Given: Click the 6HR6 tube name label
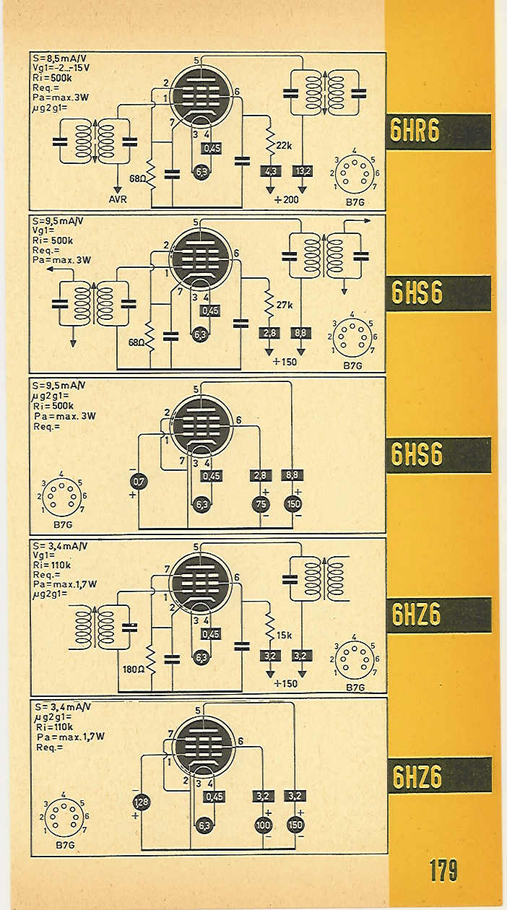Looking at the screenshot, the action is pyautogui.click(x=415, y=131).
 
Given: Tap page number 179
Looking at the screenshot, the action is pyautogui.click(x=443, y=870).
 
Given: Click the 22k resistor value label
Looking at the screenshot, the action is pyautogui.click(x=284, y=145).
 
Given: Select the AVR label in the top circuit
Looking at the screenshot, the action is pyautogui.click(x=118, y=199).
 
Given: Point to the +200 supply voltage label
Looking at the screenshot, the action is pyautogui.click(x=287, y=199).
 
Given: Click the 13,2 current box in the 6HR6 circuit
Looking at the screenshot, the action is pyautogui.click(x=302, y=171).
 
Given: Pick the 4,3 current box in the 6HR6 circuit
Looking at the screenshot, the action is pyautogui.click(x=270, y=171).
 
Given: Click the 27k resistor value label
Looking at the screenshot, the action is pyautogui.click(x=285, y=305).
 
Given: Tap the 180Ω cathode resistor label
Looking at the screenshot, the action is pyautogui.click(x=134, y=669).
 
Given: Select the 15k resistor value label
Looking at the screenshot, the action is pyautogui.click(x=284, y=635).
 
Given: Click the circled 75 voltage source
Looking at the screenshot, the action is pyautogui.click(x=261, y=505).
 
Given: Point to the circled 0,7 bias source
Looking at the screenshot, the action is pyautogui.click(x=139, y=482).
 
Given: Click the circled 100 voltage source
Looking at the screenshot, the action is pyautogui.click(x=263, y=825).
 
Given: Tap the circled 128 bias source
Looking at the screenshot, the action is pyautogui.click(x=142, y=802).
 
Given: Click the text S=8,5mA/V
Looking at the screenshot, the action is pyautogui.click(x=58, y=58).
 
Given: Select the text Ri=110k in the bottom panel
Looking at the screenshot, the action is pyautogui.click(x=54, y=727).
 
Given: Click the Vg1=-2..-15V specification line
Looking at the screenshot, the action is pyautogui.click(x=61, y=68).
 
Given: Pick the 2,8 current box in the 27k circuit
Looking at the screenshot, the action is pyautogui.click(x=269, y=333).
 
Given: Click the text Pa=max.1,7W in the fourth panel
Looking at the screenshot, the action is pyautogui.click(x=65, y=584).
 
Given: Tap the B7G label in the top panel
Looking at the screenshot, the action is pyautogui.click(x=355, y=202).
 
